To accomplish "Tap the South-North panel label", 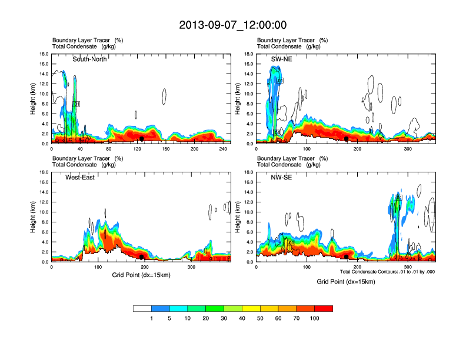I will (89, 59).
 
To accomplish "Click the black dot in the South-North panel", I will (142, 139).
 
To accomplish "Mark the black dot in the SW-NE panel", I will (347, 139).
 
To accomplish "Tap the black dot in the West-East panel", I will (142, 257).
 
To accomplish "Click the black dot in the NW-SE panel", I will (347, 257).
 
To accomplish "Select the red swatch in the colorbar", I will (324, 308).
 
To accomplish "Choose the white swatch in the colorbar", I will (142, 308).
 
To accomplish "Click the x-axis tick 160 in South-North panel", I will (165, 149).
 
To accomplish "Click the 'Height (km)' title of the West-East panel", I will (33, 217).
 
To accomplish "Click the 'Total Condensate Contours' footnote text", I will (387, 272).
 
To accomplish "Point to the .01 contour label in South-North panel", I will (76, 104).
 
